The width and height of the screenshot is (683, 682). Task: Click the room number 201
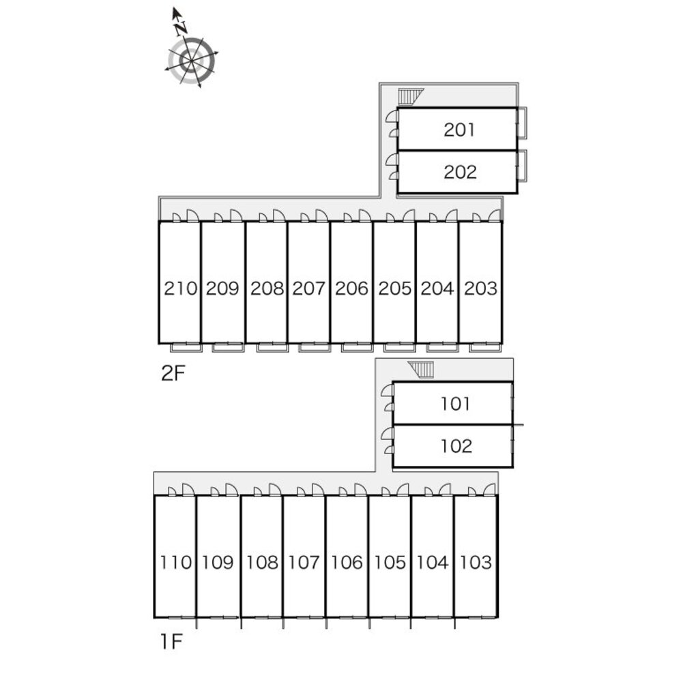[x=459, y=130]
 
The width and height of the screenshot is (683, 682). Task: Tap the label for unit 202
[x=460, y=172]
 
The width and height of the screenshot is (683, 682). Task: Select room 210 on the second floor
[x=180, y=288]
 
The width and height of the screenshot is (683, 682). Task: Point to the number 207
[x=308, y=288]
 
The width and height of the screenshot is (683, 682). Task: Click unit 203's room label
[x=480, y=288]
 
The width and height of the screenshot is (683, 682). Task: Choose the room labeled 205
[x=394, y=288]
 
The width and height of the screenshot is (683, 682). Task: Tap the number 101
[x=455, y=404]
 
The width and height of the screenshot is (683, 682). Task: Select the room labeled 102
[x=456, y=446]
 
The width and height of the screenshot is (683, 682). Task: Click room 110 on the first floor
[x=177, y=563]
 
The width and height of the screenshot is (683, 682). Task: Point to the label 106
[x=347, y=563]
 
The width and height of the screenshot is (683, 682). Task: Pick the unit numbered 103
[x=476, y=563]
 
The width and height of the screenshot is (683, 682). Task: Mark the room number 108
[x=262, y=563]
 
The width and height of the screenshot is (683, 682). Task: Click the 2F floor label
[x=173, y=373]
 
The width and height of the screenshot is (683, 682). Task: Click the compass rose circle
[x=192, y=61]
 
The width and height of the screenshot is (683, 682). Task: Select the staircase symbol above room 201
[x=409, y=96]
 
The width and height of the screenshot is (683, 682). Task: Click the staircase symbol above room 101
[x=422, y=370]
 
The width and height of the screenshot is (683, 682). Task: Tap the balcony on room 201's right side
[x=521, y=130]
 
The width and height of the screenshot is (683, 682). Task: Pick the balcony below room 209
[x=228, y=347]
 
